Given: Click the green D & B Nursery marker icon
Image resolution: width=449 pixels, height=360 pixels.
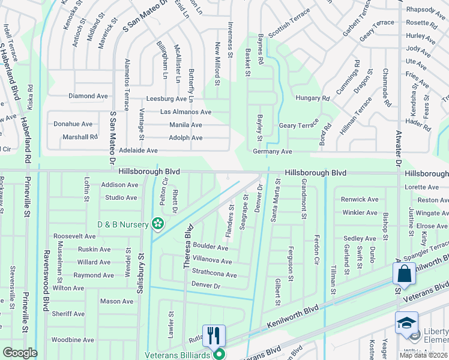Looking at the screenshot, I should coord(158,224).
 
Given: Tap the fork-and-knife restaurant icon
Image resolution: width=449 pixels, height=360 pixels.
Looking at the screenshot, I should coord(214,335).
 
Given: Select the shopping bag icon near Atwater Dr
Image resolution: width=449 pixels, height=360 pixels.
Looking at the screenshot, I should coord(404,274).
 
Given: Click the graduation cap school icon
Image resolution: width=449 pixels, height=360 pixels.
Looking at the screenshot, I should coord(406,323).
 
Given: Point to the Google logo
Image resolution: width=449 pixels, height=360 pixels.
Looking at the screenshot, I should coord(20,353).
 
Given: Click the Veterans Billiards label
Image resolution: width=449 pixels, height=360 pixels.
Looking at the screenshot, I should coord(178,355).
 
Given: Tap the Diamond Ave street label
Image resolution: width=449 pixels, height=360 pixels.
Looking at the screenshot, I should coord(88,96).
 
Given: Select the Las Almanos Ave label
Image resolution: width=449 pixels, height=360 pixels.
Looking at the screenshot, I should coord(185,112).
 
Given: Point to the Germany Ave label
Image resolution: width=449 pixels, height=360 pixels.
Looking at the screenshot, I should coord(272,152).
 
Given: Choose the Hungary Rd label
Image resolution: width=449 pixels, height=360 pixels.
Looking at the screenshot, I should coord(313,98).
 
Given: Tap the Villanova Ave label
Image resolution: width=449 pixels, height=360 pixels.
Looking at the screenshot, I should coord(212,262).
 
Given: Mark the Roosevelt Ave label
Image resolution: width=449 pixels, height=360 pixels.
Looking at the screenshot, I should coord(74,236).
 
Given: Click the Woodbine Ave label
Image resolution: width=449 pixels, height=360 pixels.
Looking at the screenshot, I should coord(72,340).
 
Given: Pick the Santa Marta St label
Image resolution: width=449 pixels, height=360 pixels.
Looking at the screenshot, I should coord(277,200).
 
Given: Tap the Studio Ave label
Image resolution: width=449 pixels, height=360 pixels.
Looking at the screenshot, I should coord(121,197).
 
